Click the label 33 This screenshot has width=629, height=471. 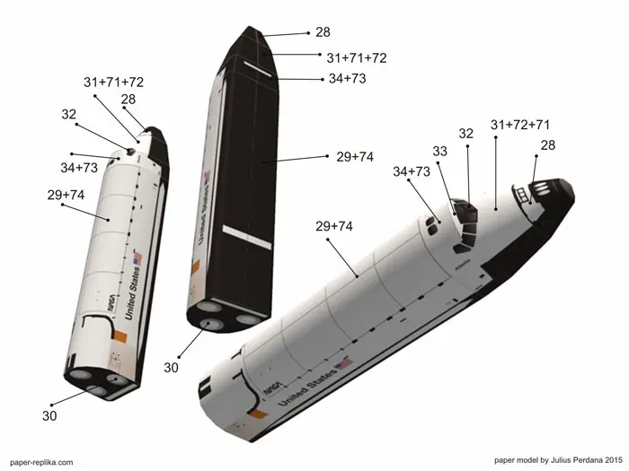[439, 152]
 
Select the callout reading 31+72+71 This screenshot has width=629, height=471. [520, 124]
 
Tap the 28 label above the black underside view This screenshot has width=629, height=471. [323, 32]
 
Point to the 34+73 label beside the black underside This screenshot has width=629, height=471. [346, 78]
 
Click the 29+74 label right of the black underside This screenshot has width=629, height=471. [355, 156]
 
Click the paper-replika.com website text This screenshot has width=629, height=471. [41, 461]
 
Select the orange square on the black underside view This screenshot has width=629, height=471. [195, 266]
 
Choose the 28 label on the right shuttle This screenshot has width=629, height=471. [547, 145]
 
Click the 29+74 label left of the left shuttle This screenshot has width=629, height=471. [66, 194]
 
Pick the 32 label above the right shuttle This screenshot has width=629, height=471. [465, 134]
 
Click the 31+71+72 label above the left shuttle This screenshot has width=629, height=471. [114, 82]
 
